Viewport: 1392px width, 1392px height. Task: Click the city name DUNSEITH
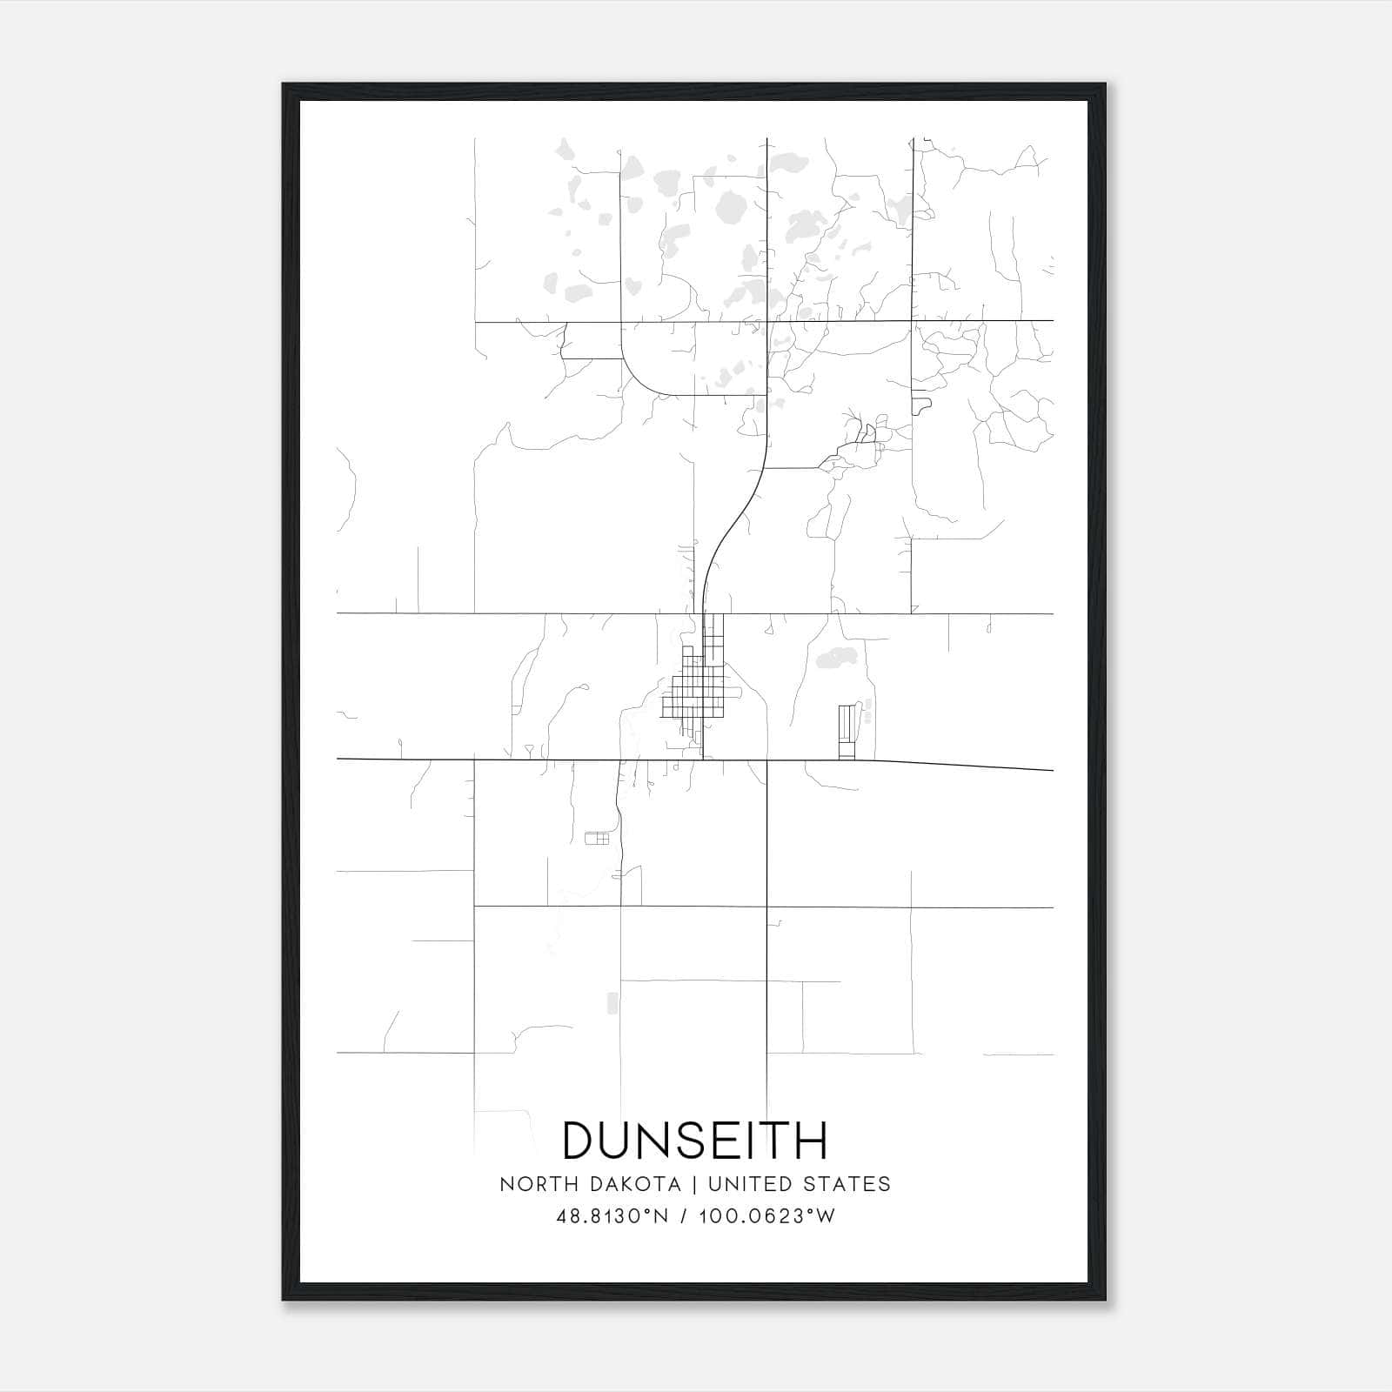tap(695, 1141)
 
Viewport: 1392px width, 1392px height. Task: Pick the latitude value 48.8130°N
tap(612, 1216)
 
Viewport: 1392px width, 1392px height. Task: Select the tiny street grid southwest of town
tap(597, 839)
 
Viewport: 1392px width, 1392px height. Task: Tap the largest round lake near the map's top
tap(729, 208)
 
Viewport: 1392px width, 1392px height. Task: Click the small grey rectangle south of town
tap(612, 1003)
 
